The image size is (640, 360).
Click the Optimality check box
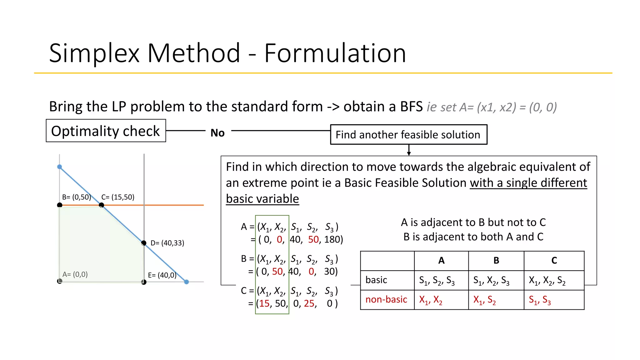tap(106, 131)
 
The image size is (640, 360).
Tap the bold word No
tap(217, 133)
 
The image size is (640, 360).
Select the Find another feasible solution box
tap(408, 135)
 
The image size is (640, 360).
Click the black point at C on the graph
tap(101, 205)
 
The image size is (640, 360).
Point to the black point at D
tap(144, 243)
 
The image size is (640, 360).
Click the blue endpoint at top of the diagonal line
tap(60, 167)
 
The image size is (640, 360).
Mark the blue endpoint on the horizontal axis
tap(187, 282)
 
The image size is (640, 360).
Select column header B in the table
tap(496, 261)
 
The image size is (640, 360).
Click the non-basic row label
tap(386, 299)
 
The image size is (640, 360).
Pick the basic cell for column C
tap(547, 280)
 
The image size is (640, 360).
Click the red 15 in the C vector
tap(264, 303)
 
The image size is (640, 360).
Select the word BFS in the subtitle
tap(411, 107)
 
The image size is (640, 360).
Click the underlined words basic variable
tap(262, 199)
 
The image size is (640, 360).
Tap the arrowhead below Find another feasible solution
tap(409, 153)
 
